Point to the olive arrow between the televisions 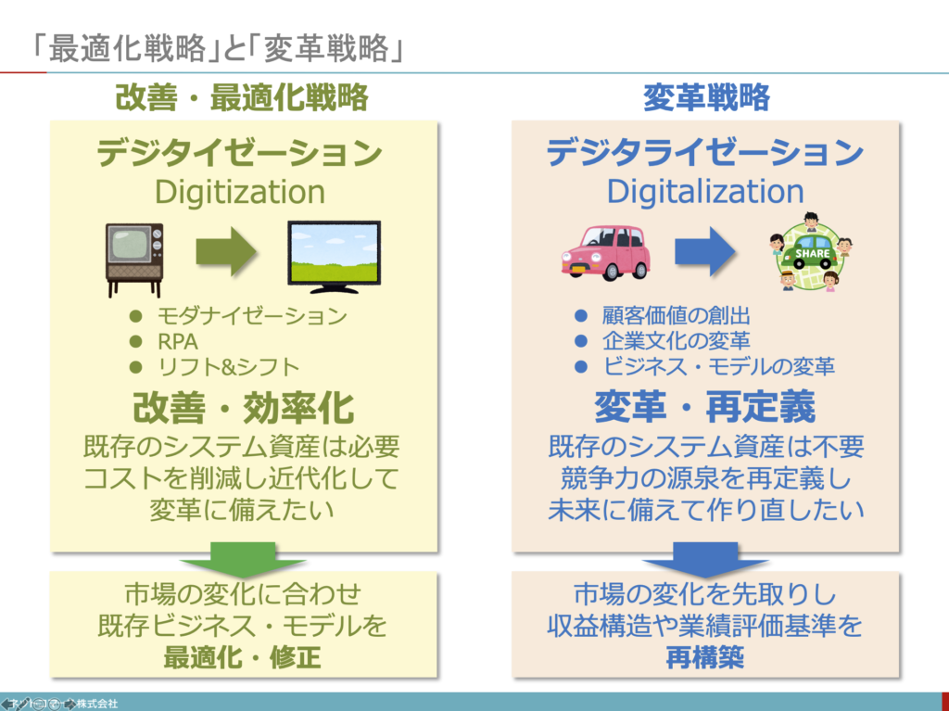click(227, 249)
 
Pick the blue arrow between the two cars click(704, 249)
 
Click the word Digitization click(240, 192)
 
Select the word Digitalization click(705, 192)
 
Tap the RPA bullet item click(178, 340)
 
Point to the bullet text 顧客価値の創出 click(676, 316)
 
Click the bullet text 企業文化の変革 click(676, 340)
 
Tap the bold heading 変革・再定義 click(705, 407)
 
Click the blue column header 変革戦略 click(706, 97)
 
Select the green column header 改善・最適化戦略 click(242, 97)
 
